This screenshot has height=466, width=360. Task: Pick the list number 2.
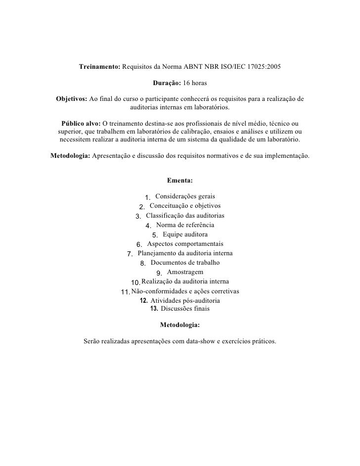(142, 207)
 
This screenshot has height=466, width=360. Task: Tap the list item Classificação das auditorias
(185, 216)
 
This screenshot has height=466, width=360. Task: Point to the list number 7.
(130, 254)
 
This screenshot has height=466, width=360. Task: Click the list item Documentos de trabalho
(185, 263)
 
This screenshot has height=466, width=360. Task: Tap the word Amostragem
(185, 272)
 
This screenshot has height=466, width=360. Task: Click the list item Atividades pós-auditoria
(185, 300)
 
